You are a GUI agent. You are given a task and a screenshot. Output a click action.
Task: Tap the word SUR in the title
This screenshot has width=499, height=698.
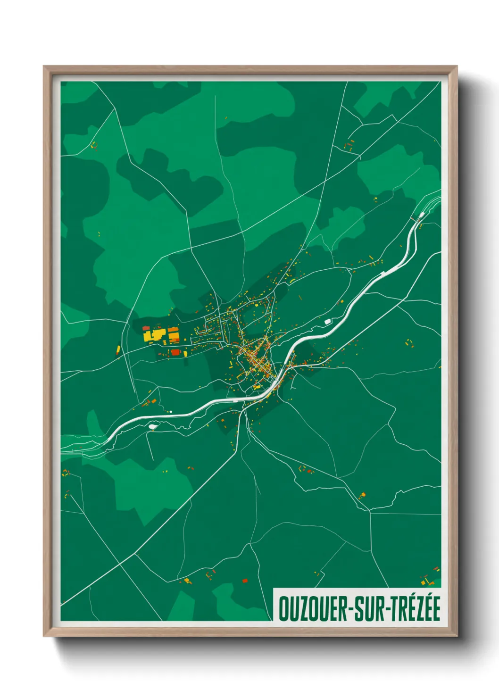[366, 609]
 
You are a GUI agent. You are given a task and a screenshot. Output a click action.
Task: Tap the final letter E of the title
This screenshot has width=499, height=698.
[436, 608]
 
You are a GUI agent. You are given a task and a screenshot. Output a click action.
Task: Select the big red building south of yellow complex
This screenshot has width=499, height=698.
[175, 352]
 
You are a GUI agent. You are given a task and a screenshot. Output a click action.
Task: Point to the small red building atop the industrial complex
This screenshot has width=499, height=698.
[146, 327]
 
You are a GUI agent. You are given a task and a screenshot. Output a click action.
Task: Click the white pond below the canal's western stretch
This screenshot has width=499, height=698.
[152, 426]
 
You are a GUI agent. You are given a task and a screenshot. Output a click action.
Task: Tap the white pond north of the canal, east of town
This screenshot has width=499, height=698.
[327, 321]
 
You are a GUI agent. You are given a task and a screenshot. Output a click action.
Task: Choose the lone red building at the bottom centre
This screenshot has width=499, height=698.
[244, 581]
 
